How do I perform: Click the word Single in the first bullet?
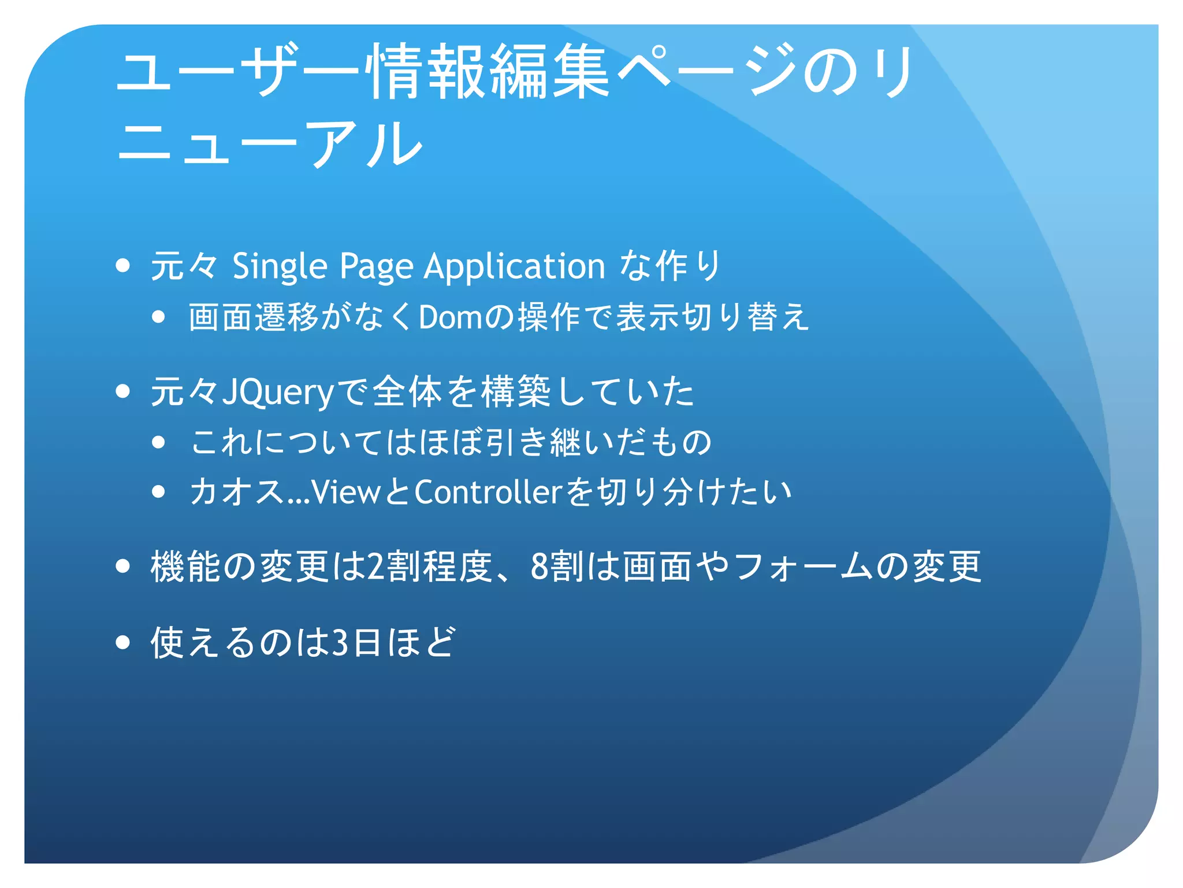click(280, 267)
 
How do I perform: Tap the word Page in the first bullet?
click(376, 267)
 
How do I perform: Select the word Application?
click(514, 267)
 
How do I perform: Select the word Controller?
click(488, 493)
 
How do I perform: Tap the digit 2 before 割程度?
click(375, 567)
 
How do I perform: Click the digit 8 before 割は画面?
click(539, 567)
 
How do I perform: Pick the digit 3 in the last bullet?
click(341, 642)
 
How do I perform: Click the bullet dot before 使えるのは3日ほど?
click(122, 642)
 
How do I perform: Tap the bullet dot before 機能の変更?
click(122, 566)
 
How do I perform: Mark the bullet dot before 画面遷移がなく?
click(159, 317)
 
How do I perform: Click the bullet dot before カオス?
click(159, 492)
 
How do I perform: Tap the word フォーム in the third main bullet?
click(803, 567)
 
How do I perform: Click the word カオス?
click(238, 493)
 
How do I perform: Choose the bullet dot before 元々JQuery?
click(122, 391)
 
